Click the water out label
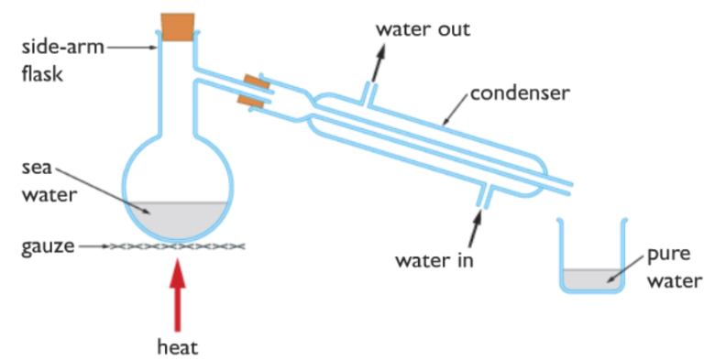pos(423,28)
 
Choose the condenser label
pos(520,93)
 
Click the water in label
pos(434,260)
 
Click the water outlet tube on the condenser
pos(368,89)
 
